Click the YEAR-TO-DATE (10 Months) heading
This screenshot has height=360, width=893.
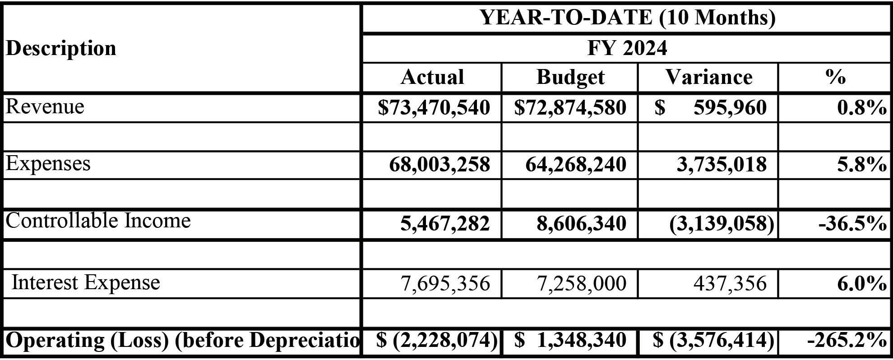(x=627, y=18)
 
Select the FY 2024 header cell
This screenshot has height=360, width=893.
(x=627, y=48)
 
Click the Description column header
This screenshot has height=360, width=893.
(x=61, y=48)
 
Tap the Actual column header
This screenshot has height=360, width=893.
(x=432, y=77)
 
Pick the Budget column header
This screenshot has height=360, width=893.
(x=570, y=77)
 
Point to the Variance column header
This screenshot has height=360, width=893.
(x=708, y=77)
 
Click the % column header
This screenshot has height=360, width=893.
(x=835, y=77)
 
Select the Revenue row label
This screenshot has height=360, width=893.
(x=45, y=107)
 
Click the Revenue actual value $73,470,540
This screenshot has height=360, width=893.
(x=434, y=108)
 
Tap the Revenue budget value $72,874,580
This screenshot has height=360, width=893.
(x=570, y=108)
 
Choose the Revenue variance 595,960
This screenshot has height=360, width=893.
(x=730, y=108)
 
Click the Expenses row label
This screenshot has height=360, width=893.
(x=48, y=163)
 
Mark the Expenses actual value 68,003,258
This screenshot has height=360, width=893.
(x=440, y=165)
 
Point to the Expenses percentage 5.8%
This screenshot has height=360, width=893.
(x=861, y=165)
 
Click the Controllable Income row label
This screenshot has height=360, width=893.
(x=98, y=221)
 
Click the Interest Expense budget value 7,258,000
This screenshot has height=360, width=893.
(x=581, y=283)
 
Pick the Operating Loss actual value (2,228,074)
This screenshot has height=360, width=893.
(x=437, y=340)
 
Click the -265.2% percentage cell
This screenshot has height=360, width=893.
(x=847, y=340)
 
